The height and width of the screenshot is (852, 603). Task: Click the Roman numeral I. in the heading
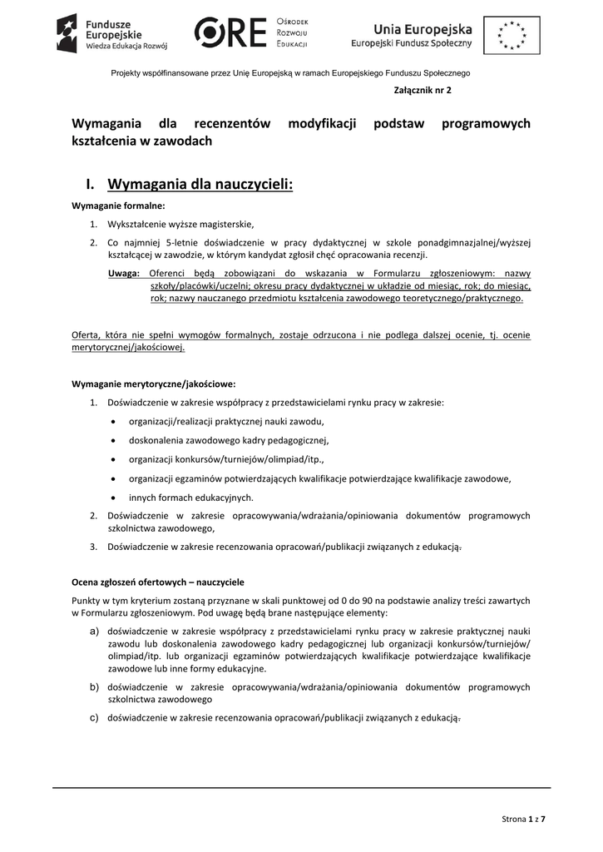tap(91, 183)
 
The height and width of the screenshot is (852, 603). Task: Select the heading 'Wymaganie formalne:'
tap(118, 206)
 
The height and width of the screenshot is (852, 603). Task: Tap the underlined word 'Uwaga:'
tap(124, 273)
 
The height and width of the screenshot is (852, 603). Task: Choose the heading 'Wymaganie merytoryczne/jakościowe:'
tap(153, 384)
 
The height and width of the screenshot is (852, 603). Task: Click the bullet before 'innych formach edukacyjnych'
tap(112, 498)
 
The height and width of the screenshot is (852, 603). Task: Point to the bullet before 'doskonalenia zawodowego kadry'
tap(112, 440)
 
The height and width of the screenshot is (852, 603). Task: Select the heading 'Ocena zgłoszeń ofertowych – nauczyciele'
tap(158, 582)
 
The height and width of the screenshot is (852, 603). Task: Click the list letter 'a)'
tap(95, 632)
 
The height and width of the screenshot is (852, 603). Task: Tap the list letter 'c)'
tap(95, 716)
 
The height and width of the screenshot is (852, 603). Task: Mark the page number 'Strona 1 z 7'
tap(524, 820)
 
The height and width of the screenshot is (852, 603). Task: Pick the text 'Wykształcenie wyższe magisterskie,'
tap(180, 224)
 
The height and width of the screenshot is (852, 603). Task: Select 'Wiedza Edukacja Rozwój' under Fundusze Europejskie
tap(126, 48)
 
